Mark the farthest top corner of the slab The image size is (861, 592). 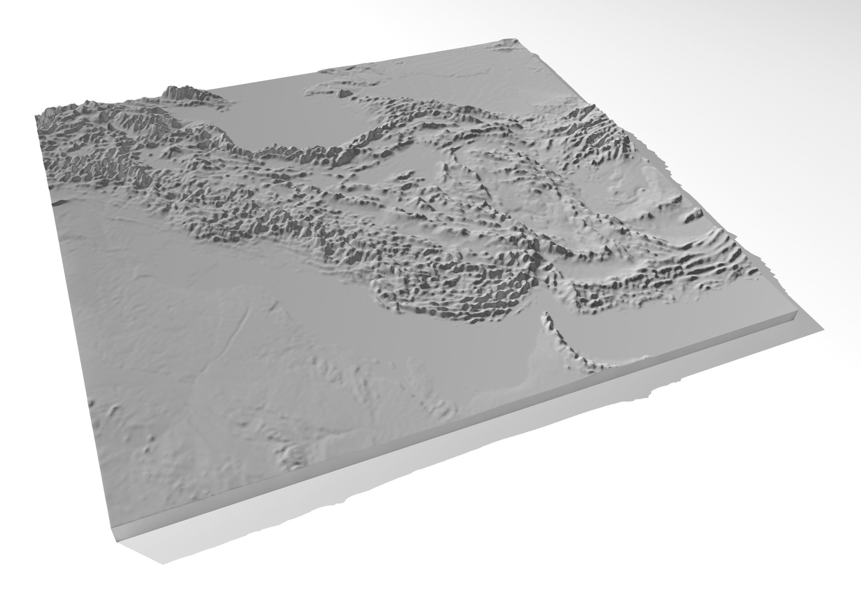coord(514,39)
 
